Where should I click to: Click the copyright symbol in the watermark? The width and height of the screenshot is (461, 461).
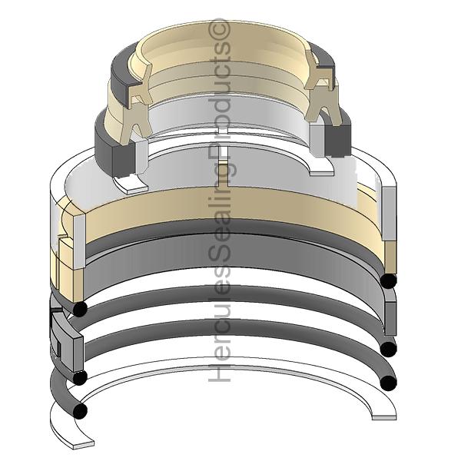(x=218, y=30)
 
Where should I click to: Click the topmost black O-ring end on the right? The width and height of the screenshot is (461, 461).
(x=388, y=280)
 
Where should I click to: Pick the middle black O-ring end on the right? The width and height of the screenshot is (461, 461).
(x=388, y=349)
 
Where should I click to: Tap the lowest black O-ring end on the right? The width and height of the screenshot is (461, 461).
(x=388, y=383)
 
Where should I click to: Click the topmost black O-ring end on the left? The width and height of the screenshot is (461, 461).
(x=79, y=309)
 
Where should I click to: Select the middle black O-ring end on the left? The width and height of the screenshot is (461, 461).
(x=79, y=377)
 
